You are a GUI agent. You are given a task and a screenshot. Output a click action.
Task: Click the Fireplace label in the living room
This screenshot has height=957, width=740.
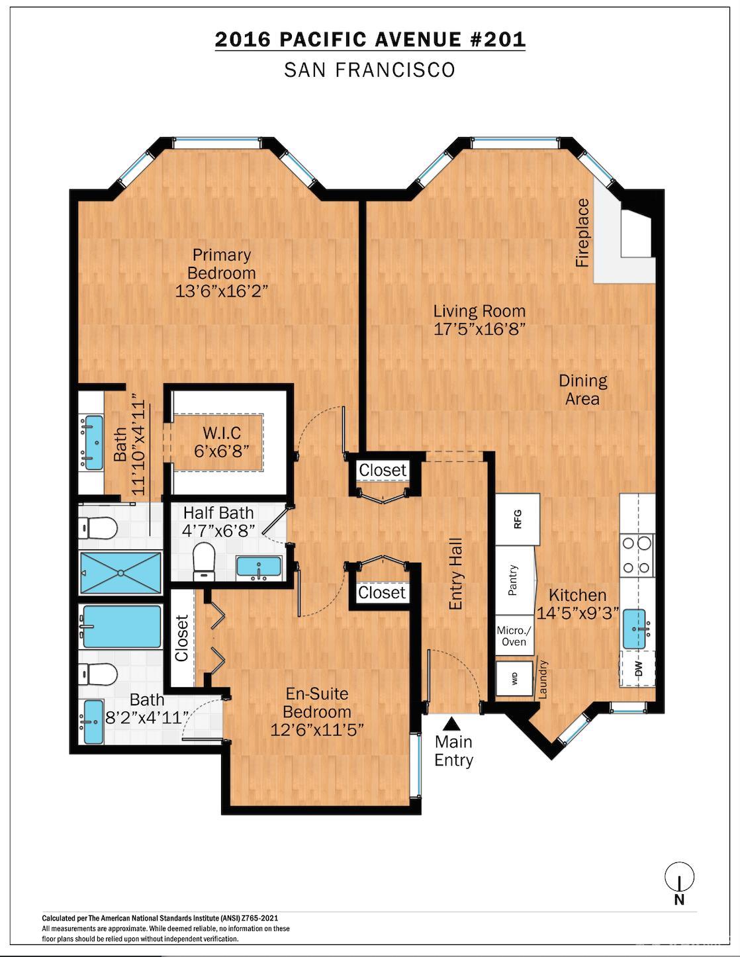582,232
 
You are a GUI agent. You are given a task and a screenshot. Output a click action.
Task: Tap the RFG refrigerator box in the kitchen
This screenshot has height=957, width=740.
518,520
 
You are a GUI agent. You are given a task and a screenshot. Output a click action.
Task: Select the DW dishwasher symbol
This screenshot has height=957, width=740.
638,668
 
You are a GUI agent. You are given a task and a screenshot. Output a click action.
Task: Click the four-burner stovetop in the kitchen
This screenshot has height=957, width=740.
637,555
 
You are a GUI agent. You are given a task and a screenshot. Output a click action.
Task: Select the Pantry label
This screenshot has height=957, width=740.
512,580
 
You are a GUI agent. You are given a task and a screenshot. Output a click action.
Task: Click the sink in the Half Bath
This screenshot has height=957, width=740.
259,567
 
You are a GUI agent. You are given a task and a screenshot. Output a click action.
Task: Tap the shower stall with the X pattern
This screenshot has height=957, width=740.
120,572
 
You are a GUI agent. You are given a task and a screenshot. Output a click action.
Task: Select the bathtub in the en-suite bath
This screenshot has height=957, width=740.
121,627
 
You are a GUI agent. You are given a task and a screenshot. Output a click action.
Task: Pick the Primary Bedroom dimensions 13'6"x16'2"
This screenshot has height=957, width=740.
222,291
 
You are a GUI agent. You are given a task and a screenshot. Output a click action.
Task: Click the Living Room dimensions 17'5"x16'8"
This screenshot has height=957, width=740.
480,329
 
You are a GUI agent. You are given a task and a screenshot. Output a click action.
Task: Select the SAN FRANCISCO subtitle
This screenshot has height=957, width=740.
369,70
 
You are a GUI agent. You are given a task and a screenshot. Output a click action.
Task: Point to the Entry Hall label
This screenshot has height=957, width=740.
455,574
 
